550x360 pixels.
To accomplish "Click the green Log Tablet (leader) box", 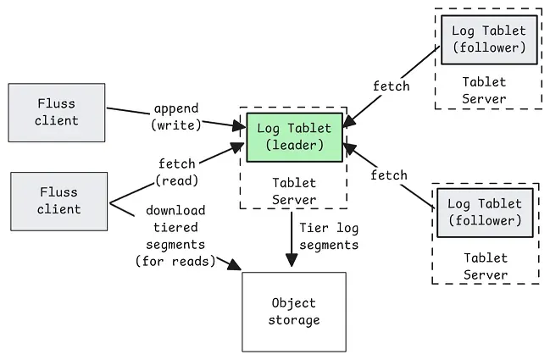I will tap(294, 137).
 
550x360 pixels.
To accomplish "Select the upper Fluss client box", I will tap(57, 112).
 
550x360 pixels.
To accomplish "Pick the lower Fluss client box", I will tap(58, 201).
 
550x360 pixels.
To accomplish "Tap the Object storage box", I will tap(294, 311).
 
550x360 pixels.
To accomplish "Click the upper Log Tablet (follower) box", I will tap(489, 39).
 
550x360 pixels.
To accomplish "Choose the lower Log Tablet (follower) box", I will tap(485, 212).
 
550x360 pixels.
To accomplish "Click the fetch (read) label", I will tap(177, 171).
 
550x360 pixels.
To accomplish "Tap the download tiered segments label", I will tap(171, 235).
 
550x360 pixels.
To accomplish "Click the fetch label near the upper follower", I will tap(391, 86).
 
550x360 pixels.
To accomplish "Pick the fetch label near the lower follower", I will tap(388, 174).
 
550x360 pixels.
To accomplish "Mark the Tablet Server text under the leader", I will tap(294, 191).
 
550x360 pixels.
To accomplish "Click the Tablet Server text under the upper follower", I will tap(484, 90).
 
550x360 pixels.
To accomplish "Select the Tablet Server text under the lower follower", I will tap(486, 266).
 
